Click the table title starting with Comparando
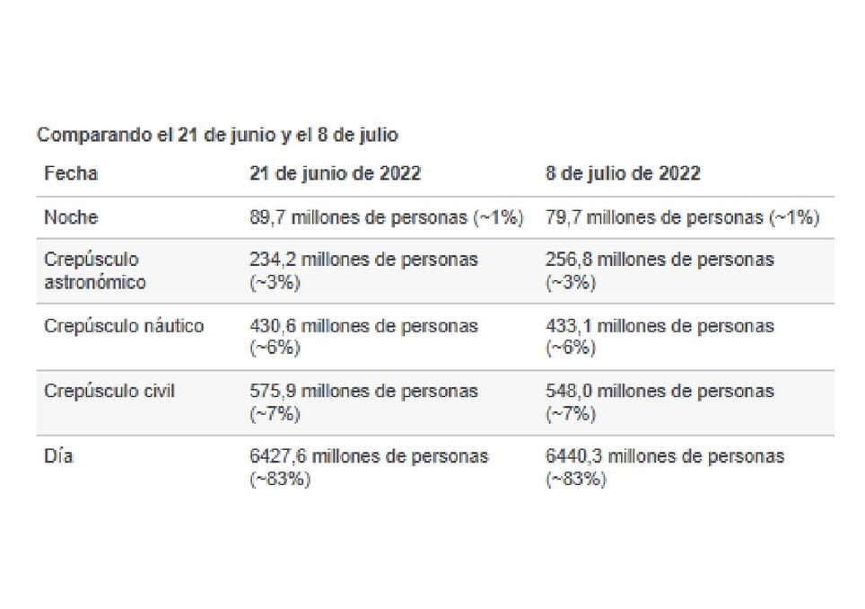217,136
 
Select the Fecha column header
71,173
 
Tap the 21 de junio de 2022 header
335,173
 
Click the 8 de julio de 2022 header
623,173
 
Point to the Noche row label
71,217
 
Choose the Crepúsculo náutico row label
124,325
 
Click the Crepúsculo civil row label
109,391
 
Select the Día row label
58,456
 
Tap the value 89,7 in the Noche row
266,217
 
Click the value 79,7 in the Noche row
562,217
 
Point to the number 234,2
271,260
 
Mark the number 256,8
567,260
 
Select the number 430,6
271,325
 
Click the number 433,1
567,325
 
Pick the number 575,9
271,391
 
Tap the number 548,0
567,391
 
